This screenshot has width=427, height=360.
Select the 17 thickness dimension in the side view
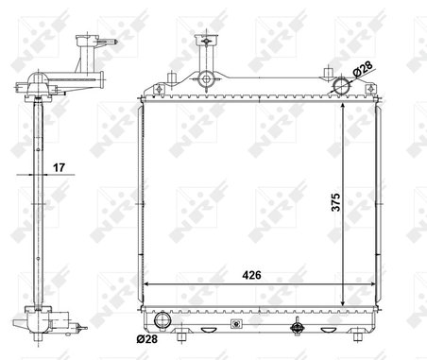click(x=59, y=169)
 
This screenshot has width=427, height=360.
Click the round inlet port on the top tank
click(x=344, y=87)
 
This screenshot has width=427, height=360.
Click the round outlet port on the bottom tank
click(x=161, y=317)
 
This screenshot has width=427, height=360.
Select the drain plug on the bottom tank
click(x=298, y=331)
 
